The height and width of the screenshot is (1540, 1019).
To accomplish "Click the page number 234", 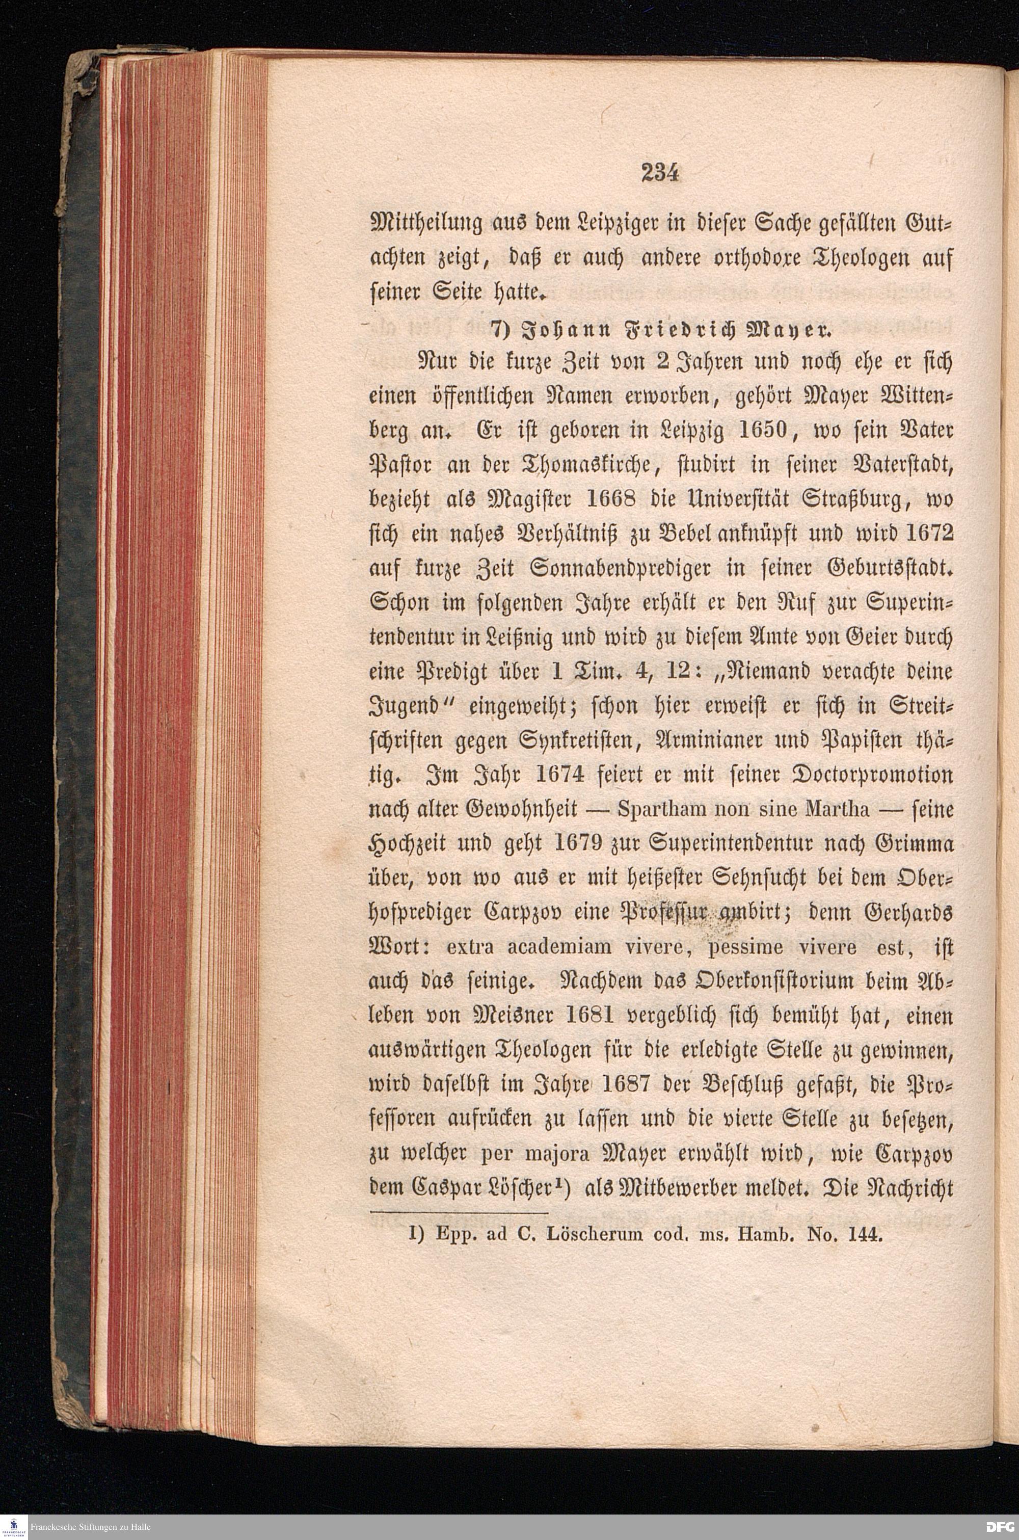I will [x=659, y=173].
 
